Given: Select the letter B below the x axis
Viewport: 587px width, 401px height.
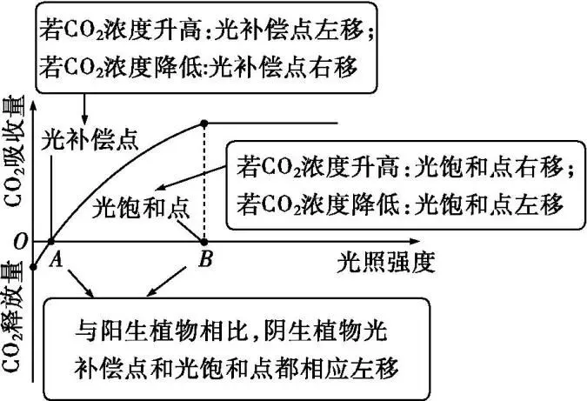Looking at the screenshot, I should click(x=205, y=258).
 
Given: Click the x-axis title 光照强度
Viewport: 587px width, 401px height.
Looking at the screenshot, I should click(x=385, y=260).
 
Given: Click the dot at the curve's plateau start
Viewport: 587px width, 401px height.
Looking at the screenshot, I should click(x=204, y=124).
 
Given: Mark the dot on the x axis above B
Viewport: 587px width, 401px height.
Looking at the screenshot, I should click(x=204, y=241).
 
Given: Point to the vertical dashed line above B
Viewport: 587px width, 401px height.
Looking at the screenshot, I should click(x=204, y=183).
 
